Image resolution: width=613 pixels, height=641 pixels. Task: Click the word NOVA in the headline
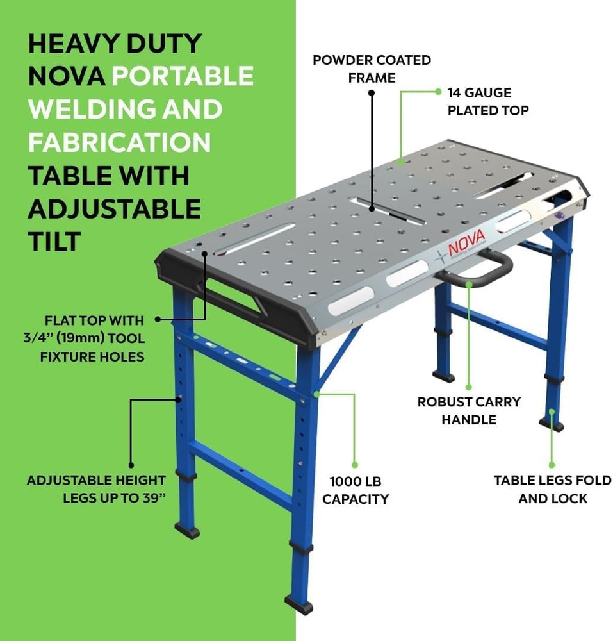[67, 76]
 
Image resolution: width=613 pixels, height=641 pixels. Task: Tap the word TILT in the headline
[54, 242]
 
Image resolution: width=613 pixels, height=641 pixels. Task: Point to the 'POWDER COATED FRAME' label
[372, 69]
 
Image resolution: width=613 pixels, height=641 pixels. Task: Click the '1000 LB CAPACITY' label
[356, 490]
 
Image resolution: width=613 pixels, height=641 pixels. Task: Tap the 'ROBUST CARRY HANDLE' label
[469, 411]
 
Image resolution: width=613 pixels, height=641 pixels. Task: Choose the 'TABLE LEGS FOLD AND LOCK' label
[552, 489]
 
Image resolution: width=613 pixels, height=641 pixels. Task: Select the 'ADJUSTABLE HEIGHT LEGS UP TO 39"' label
[96, 489]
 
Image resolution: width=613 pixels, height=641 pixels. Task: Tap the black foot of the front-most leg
[299, 604]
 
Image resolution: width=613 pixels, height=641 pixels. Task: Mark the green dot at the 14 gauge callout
[439, 91]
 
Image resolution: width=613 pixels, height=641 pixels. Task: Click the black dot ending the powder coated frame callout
[372, 93]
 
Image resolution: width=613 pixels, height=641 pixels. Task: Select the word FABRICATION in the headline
[119, 142]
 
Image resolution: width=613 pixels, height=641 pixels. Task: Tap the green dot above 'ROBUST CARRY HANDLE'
[469, 387]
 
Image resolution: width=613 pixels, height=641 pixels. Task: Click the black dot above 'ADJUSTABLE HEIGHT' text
[131, 465]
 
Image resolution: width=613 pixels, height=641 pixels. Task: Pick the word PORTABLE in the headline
[183, 76]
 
